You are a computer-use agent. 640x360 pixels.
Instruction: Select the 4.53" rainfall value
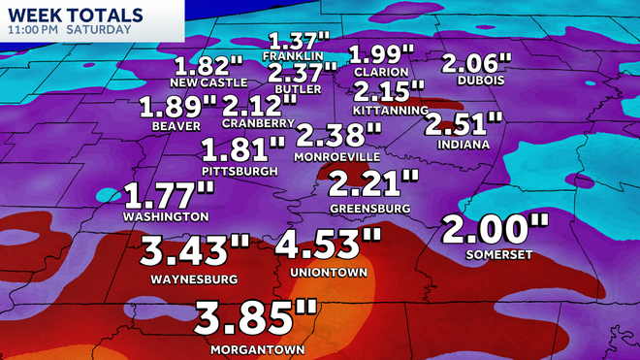tap(329, 245)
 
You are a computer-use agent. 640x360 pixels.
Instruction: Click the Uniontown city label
tap(329, 273)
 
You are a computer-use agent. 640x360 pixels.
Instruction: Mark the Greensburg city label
tap(369, 208)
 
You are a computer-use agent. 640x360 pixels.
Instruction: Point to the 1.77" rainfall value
tap(168, 193)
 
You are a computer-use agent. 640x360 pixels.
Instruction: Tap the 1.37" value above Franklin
tap(300, 42)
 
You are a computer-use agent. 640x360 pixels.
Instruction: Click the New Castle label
tap(207, 82)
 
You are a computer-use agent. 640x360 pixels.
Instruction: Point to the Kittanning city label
tap(391, 111)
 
